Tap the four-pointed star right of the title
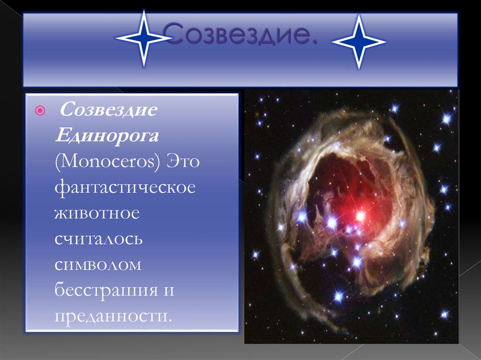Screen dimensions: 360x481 (359, 42)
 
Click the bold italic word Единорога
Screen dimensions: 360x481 (107, 137)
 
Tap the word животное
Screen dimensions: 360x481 (97, 213)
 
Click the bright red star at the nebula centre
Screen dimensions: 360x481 (360, 215)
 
